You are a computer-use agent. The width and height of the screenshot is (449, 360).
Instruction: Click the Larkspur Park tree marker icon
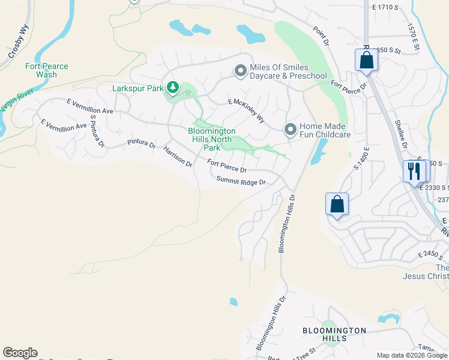tap(173, 88)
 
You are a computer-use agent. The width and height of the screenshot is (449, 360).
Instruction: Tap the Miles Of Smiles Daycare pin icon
tap(241, 71)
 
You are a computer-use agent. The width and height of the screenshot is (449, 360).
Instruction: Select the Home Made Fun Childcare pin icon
tap(291, 130)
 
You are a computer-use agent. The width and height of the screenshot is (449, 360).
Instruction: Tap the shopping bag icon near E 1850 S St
tap(366, 60)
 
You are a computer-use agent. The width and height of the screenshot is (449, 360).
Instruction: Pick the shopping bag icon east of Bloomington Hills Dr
tap(337, 204)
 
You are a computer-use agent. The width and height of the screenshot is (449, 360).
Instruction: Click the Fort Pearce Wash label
tap(47, 70)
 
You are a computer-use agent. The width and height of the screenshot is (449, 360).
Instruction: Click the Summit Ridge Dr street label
tap(241, 181)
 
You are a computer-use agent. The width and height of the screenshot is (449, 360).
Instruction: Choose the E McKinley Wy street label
tap(246, 112)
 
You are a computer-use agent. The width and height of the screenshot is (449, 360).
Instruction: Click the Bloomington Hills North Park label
tap(211, 139)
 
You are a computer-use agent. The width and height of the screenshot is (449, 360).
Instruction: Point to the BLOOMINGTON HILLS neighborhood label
tap(334, 334)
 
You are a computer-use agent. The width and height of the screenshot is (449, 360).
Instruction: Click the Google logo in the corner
tap(20, 353)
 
